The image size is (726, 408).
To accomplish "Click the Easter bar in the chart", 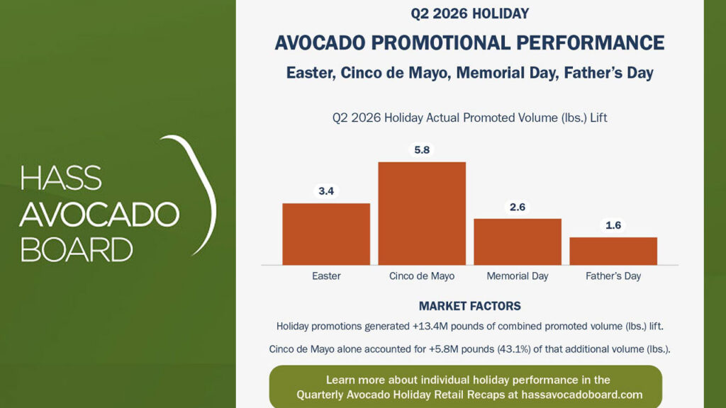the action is pos(326,234).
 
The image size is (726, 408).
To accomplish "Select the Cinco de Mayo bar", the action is pos(422,213).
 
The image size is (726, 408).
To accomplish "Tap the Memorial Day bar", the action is pos(517,242).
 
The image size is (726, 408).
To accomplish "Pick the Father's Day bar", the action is pos(613,251).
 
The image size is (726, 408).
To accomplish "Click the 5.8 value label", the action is pos(422,150).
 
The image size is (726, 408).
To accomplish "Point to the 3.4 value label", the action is pos(326,191).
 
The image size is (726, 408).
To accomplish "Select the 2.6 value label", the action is pos(517,207).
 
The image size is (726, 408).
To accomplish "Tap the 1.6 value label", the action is pos(613,225).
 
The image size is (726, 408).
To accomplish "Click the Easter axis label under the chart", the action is pos(326,276).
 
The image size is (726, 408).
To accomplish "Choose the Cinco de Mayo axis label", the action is pos(422,276).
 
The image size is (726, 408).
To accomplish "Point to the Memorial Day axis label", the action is pos(517,276).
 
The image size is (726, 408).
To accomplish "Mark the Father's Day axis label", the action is pos(613,276).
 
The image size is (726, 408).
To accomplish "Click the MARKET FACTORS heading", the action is pos(469,306).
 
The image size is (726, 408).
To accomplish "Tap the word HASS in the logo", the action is pos(61,178).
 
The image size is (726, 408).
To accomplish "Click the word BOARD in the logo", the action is pos(77,250).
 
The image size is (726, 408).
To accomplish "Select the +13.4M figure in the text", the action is pos(430,326).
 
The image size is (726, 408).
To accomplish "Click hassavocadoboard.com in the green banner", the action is pos(582,395).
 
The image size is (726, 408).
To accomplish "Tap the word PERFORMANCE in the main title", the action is pos(591,42).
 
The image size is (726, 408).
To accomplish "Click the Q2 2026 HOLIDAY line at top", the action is pos(469,13).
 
